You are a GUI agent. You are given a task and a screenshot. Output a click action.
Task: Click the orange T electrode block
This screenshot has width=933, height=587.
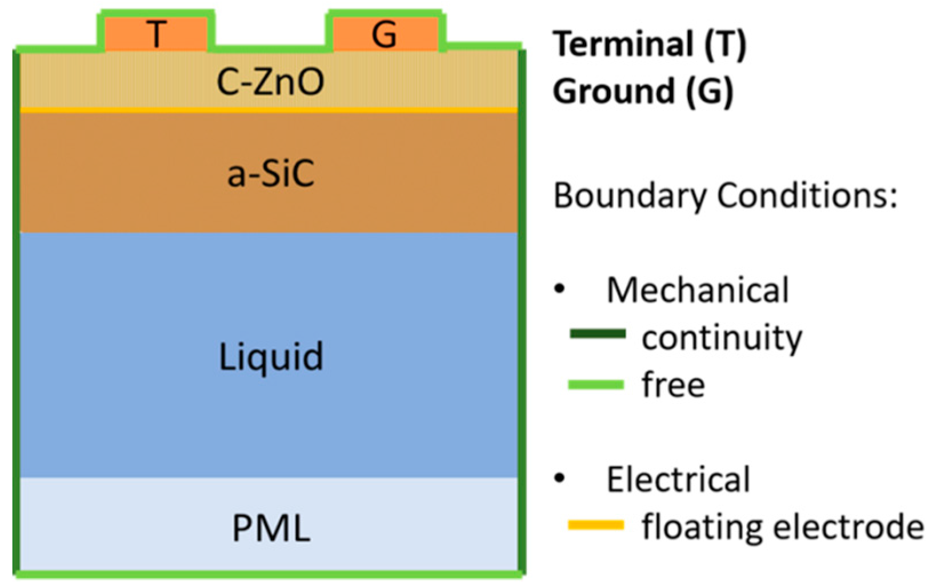tap(155, 34)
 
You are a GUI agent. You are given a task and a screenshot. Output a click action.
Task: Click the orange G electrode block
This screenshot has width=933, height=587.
tap(385, 34)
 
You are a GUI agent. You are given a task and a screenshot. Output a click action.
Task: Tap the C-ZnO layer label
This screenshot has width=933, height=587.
tap(270, 82)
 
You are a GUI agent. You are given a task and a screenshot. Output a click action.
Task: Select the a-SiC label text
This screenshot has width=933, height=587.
tap(270, 173)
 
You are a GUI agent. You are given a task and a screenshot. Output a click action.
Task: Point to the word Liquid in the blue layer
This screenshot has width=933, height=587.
tap(271, 357)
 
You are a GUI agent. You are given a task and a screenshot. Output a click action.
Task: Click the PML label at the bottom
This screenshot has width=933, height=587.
tap(271, 528)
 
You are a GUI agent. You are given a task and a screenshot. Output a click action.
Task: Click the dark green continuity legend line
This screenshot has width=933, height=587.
tap(597, 334)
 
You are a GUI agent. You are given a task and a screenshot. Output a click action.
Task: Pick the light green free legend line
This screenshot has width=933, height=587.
tap(596, 385)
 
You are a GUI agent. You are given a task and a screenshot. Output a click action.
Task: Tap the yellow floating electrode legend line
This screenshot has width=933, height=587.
tap(596, 525)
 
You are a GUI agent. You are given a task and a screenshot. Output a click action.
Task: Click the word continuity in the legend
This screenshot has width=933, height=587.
tap(722, 338)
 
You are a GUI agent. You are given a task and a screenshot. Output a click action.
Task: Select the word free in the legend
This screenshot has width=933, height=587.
tap(673, 385)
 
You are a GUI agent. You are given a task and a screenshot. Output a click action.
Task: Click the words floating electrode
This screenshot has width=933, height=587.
tap(782, 526)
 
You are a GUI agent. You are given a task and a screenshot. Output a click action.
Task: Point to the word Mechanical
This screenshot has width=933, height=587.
tap(698, 290)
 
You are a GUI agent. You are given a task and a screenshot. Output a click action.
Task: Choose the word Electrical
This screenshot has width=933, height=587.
tap(678, 479)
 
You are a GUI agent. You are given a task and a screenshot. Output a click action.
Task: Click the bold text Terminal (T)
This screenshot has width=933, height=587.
tap(650, 44)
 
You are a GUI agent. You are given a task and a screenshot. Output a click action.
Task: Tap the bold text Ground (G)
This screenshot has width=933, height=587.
tap(643, 91)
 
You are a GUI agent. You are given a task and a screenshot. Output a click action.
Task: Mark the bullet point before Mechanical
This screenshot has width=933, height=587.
tap(560, 289)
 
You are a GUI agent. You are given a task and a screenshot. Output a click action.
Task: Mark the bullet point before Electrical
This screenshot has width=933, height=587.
tap(560, 478)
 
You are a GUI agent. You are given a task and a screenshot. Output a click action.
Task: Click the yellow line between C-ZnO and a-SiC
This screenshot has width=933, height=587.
tap(269, 110)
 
